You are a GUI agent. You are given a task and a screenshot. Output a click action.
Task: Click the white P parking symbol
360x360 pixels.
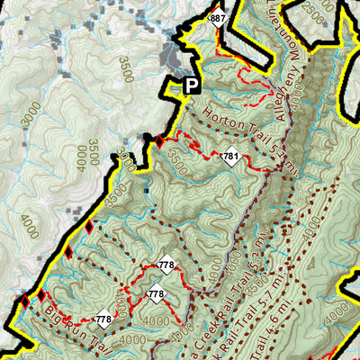pos(190,85)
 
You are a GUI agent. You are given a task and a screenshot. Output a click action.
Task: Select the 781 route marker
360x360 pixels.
pos(230,157)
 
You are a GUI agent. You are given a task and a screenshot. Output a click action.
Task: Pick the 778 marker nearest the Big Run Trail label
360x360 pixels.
pos(103,319)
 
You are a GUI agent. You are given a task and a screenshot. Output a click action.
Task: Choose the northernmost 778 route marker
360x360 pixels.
pos(166,265)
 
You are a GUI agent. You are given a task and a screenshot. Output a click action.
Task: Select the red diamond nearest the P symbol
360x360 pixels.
pos(160,141)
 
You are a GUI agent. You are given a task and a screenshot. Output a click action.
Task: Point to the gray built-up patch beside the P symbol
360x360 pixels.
pos(171,59)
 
